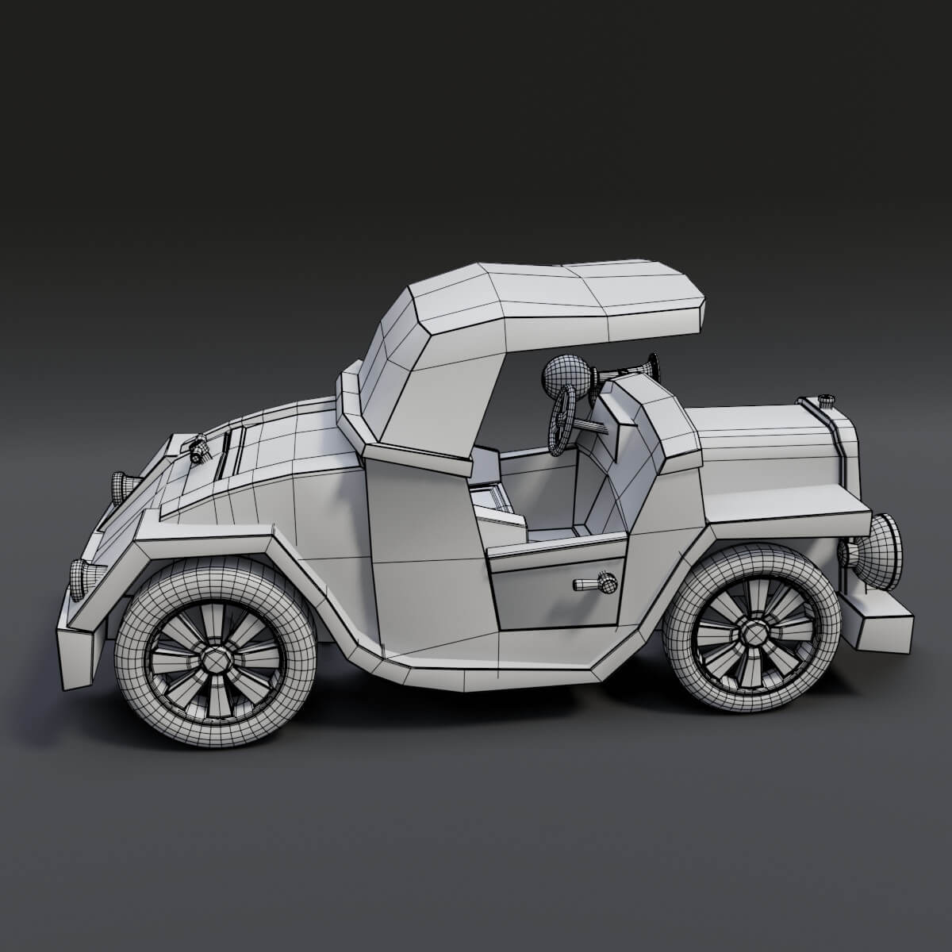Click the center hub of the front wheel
750,632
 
